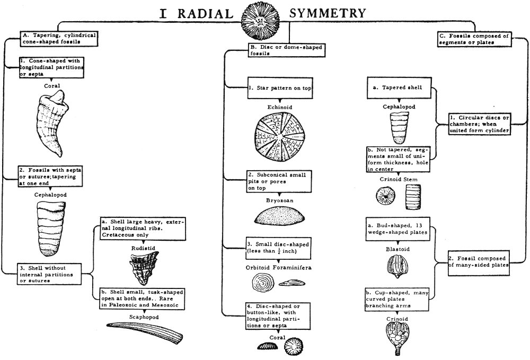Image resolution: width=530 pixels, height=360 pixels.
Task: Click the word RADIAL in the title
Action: click(x=204, y=13)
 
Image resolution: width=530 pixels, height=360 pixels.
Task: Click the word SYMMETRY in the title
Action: click(x=330, y=13)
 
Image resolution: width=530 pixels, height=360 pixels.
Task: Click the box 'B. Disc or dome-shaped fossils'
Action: click(x=285, y=50)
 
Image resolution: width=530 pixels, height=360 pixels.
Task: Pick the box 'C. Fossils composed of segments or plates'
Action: click(x=474, y=39)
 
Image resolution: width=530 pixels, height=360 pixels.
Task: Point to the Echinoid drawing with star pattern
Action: click(x=279, y=139)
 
